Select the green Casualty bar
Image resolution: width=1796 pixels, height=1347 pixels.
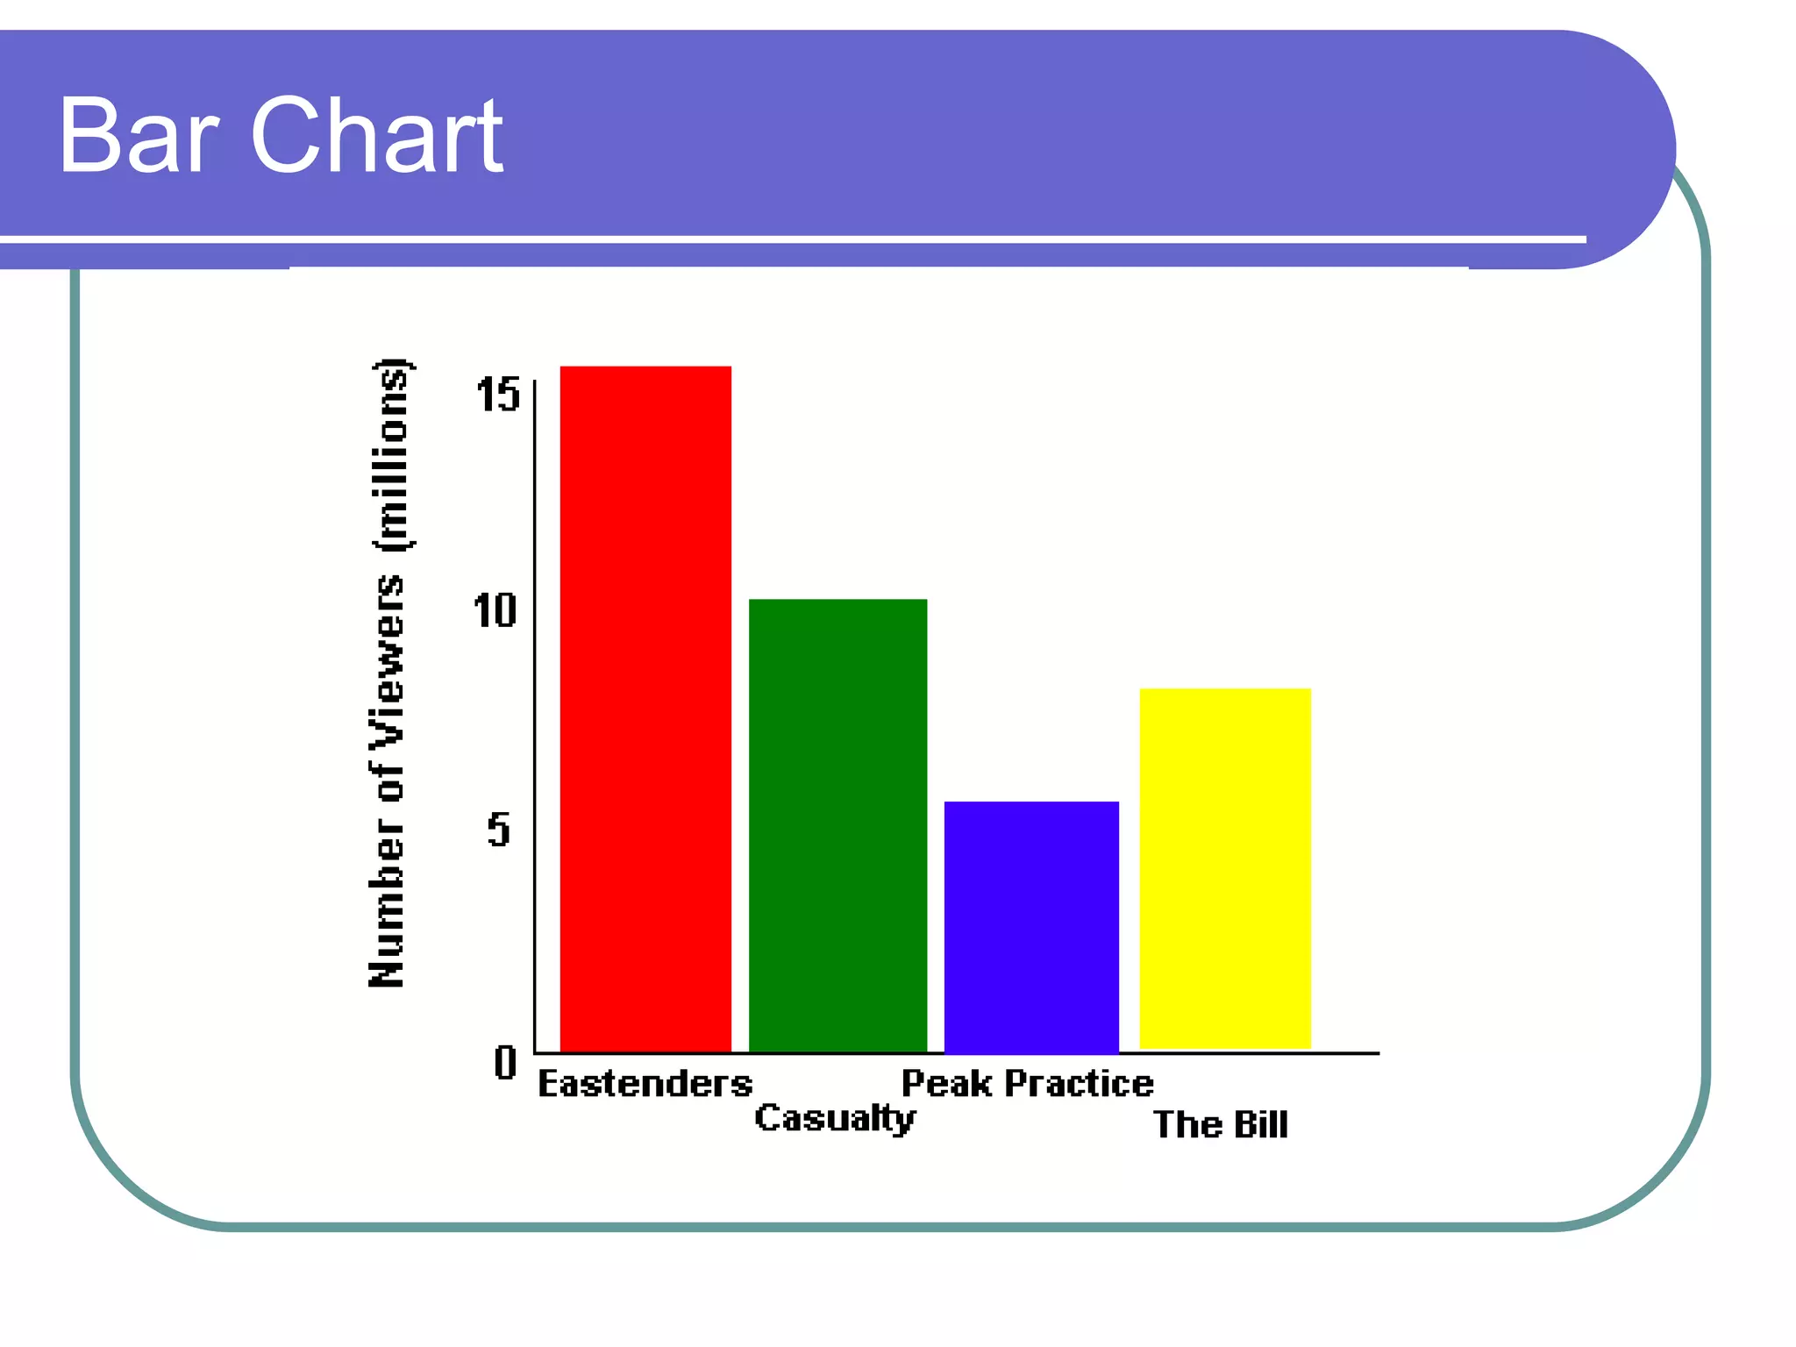click(837, 824)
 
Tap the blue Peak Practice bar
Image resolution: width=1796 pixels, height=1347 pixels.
click(1031, 926)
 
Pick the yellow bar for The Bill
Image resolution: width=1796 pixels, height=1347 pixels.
click(1225, 868)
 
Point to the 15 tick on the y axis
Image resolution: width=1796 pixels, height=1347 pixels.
click(498, 395)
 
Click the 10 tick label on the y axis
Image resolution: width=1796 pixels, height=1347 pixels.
click(495, 610)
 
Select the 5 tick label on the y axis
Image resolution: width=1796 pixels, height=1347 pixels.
click(498, 829)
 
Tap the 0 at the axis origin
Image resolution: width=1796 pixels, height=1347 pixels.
click(505, 1063)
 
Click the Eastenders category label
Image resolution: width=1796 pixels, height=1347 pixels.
click(645, 1084)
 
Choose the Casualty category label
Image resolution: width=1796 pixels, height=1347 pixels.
click(835, 1118)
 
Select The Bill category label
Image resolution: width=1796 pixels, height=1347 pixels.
click(1221, 1124)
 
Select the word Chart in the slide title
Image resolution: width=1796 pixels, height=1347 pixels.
click(377, 137)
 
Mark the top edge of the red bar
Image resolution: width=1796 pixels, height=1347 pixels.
click(645, 367)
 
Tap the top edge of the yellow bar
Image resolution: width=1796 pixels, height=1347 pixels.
click(1225, 689)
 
